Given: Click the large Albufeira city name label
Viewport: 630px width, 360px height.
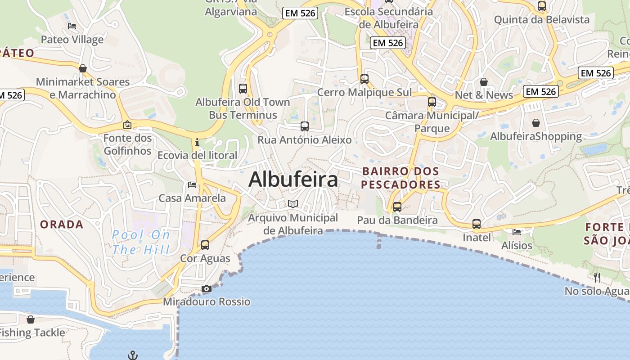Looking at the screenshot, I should tap(293, 180).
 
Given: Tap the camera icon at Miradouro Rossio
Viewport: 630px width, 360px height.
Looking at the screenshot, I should tap(207, 289).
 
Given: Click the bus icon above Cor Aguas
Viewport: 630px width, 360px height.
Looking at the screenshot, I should tap(205, 245).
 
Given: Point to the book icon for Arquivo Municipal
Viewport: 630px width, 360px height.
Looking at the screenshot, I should tap(293, 204).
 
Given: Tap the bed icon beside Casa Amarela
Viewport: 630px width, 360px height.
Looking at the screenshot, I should tap(192, 185).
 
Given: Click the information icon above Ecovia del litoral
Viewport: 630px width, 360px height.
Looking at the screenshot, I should tap(197, 143).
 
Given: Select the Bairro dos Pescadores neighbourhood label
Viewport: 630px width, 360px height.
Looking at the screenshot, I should tap(400, 178).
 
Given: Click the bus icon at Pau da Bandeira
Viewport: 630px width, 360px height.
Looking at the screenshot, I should tap(397, 207).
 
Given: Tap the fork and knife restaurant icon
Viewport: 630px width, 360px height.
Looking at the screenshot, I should tap(597, 277).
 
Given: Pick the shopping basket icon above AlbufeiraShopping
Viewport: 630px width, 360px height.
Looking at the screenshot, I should tap(536, 123).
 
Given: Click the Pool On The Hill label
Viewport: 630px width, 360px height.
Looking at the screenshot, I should tap(141, 242).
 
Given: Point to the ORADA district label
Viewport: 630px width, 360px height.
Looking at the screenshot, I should tap(62, 224).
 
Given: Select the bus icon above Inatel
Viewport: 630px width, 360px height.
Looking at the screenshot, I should tap(477, 224).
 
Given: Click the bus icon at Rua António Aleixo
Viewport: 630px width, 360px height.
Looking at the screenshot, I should tap(305, 126).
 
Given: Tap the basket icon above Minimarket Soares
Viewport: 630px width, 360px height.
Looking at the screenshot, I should tap(83, 68).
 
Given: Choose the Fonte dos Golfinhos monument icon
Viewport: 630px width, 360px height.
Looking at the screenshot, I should tap(127, 125).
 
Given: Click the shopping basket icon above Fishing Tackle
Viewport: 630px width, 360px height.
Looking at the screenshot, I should tap(31, 319).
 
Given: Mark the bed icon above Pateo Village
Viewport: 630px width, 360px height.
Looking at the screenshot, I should tap(72, 26).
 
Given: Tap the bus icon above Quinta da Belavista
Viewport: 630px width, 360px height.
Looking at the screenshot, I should tap(542, 6).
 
